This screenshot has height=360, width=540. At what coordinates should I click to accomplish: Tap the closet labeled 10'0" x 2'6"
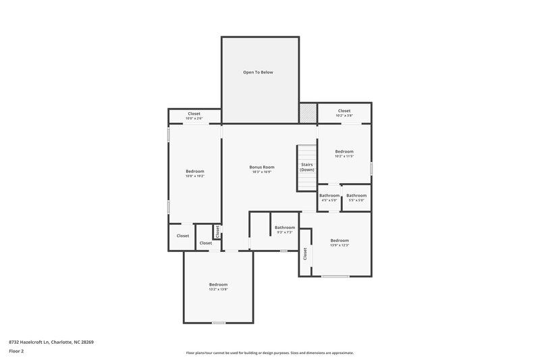(194, 115)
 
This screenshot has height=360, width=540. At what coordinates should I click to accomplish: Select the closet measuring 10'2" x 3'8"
(344, 113)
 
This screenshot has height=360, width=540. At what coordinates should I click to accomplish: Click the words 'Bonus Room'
(261, 167)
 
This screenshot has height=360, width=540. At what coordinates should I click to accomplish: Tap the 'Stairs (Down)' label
(307, 167)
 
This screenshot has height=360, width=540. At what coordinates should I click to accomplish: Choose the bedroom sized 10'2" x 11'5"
(344, 154)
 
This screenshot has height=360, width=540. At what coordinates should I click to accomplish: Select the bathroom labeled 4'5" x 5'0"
(329, 198)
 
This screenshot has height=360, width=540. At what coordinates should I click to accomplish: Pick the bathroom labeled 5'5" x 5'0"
(356, 198)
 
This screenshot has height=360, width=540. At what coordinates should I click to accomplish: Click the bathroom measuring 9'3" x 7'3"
(285, 230)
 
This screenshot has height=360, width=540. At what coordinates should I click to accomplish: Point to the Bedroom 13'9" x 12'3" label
(340, 243)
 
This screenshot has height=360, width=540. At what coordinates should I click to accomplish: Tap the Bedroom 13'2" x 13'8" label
(218, 286)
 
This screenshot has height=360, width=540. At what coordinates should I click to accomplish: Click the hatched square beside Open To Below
(308, 113)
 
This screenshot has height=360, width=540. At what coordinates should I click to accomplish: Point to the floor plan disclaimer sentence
(269, 353)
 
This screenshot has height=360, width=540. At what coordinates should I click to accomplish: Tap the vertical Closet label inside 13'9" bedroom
(305, 253)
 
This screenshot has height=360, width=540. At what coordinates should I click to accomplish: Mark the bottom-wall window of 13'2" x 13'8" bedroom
(218, 323)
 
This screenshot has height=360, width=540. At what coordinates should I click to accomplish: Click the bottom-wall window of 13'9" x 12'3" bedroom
(335, 276)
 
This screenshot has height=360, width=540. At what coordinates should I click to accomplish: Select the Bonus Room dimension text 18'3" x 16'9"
(261, 172)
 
